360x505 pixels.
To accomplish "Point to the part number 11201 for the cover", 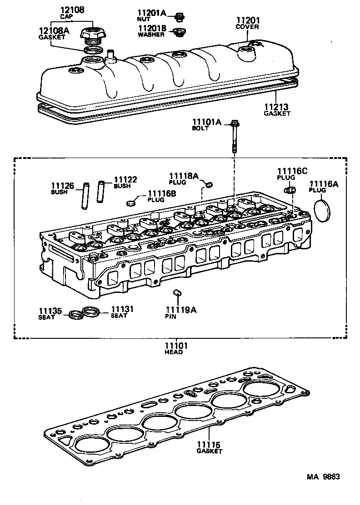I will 247,20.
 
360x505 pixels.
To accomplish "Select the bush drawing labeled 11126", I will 85,196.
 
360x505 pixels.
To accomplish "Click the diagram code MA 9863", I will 323,477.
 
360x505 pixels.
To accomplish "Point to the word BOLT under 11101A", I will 200,129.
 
